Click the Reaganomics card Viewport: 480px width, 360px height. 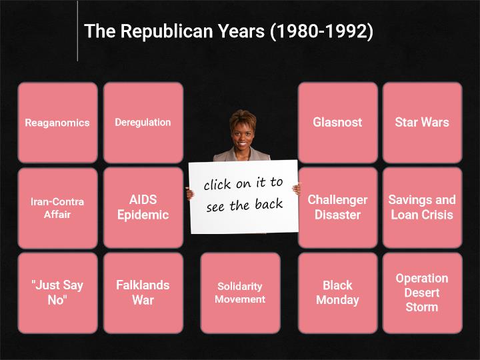tap(58, 123)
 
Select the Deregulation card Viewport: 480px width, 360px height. tap(143, 123)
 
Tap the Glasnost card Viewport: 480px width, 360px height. tap(337, 123)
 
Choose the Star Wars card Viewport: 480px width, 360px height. tap(422, 123)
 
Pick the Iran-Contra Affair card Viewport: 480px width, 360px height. tap(58, 208)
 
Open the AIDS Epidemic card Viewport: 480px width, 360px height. tap(143, 208)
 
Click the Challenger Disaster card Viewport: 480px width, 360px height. tap(337, 208)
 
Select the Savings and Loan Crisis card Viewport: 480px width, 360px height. tap(422, 208)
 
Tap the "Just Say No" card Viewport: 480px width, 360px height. tap(58, 293)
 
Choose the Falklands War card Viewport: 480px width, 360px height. tap(143, 293)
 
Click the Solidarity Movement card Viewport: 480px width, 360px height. tap(240, 293)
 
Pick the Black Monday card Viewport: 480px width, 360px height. tap(337, 293)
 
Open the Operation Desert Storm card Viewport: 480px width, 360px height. tap(422, 293)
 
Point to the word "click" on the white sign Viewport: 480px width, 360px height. tap(217, 185)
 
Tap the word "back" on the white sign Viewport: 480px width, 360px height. tap(269, 204)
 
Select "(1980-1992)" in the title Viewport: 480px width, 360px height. tap(322, 31)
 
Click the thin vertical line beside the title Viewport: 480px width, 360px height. tap(77, 31)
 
